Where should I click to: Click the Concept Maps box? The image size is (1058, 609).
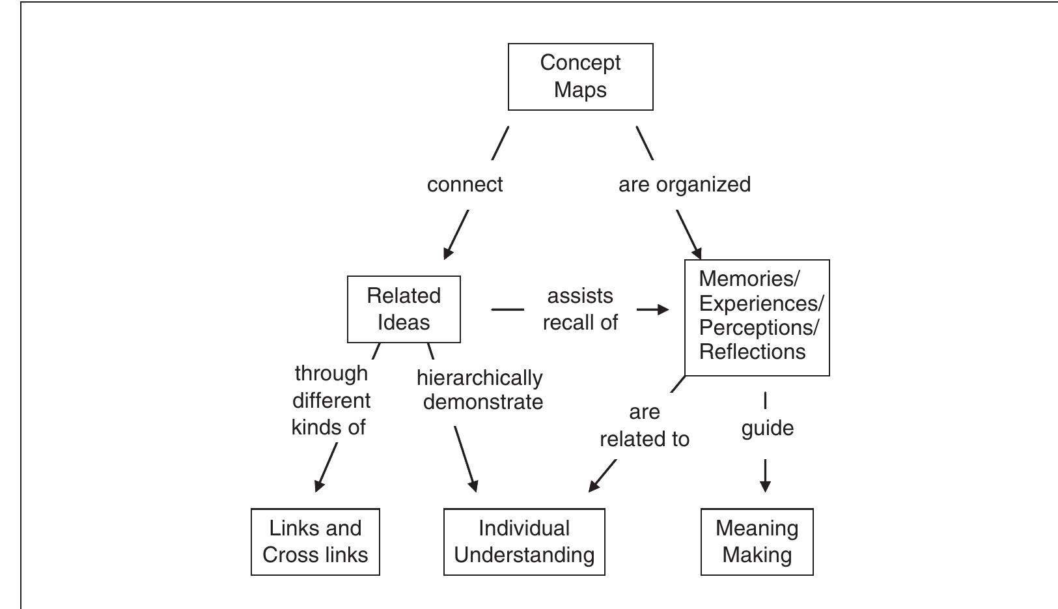pyautogui.click(x=580, y=77)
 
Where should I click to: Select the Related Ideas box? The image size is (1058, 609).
pyautogui.click(x=404, y=309)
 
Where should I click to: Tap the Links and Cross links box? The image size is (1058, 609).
pyautogui.click(x=315, y=542)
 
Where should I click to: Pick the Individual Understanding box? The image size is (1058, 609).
pyautogui.click(x=524, y=542)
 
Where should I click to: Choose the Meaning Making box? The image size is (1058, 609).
pyautogui.click(x=757, y=542)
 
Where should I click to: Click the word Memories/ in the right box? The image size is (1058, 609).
pyautogui.click(x=749, y=279)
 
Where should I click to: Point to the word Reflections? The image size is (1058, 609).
pyautogui.click(x=752, y=352)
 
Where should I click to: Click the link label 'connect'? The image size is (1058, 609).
pyautogui.click(x=464, y=184)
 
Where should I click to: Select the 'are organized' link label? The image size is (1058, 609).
pyautogui.click(x=684, y=184)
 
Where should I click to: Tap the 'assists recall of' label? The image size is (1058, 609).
pyautogui.click(x=580, y=309)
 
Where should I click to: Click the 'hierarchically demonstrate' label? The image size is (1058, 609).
pyautogui.click(x=480, y=389)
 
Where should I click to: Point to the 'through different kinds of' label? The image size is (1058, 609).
pyautogui.click(x=331, y=400)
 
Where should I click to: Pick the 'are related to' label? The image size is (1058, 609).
pyautogui.click(x=645, y=425)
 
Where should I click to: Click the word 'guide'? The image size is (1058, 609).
pyautogui.click(x=767, y=428)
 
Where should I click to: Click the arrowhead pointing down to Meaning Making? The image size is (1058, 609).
pyautogui.click(x=765, y=485)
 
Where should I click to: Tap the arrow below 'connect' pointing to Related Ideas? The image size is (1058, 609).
pyautogui.click(x=456, y=234)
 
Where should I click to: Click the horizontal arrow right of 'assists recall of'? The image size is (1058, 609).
pyautogui.click(x=653, y=309)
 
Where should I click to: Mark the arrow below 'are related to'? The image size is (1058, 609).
pyautogui.click(x=602, y=476)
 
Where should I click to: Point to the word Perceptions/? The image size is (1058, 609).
pyautogui.click(x=759, y=327)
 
